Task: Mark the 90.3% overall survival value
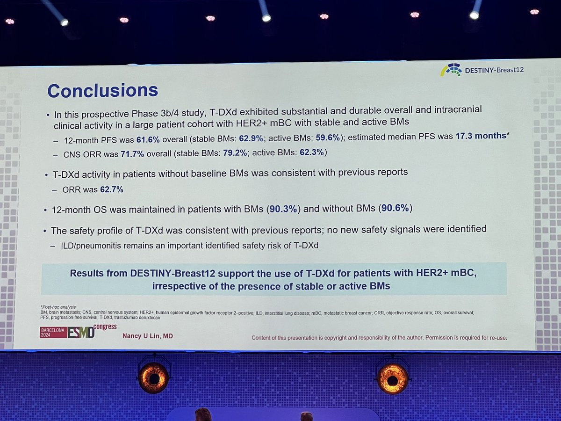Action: tap(282, 210)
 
